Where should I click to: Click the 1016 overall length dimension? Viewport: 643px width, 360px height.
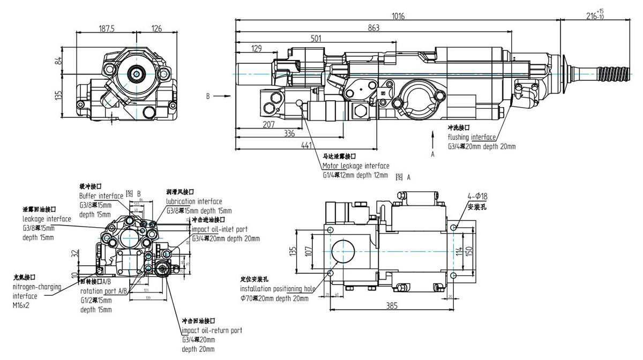tap(398, 16)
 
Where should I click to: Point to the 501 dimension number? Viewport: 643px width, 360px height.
tap(316, 38)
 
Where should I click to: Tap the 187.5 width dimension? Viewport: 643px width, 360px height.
tap(107, 29)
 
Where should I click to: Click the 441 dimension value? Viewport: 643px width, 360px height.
tap(306, 145)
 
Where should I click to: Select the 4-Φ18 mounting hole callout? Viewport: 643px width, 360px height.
tap(477, 197)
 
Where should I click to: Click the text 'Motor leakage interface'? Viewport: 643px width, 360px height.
tap(356, 166)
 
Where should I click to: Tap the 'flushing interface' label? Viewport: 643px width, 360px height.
tap(471, 137)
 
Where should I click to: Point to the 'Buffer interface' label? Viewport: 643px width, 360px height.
tap(101, 196)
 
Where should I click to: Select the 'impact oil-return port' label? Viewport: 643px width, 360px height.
tap(212, 331)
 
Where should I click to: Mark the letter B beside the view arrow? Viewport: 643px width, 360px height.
tap(207, 97)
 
